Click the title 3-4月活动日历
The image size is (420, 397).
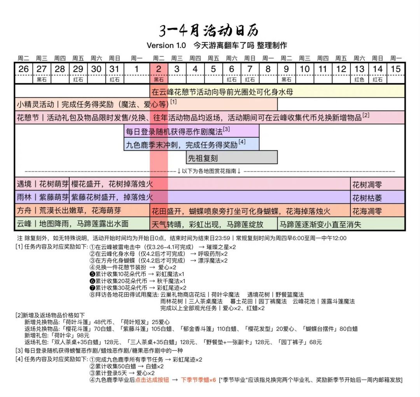click(209, 30)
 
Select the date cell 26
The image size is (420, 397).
click(23, 69)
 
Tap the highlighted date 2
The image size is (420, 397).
click(159, 69)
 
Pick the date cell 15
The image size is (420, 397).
click(395, 69)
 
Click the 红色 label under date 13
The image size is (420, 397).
click(359, 80)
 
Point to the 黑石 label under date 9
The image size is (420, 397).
click(286, 80)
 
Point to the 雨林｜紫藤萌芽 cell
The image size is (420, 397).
click(42, 198)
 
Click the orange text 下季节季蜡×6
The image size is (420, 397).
click(198, 380)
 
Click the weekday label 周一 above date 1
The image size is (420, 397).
click(136, 58)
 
